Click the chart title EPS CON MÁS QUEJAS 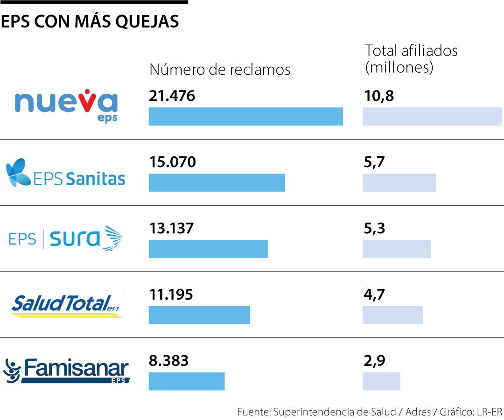tap(90, 21)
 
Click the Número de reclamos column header tap(220, 70)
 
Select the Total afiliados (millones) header tap(411, 59)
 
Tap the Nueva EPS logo tap(66, 105)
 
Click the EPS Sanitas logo tap(66, 173)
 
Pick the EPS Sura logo tap(66, 238)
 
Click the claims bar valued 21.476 tap(245, 117)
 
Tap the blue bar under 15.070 tap(217, 182)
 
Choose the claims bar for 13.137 tap(208, 249)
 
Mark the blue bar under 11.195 tap(199, 315)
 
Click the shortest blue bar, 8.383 tap(187, 381)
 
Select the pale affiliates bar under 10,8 tap(432, 117)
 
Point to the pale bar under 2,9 tap(381, 381)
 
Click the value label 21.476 tap(172, 96)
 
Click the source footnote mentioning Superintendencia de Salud tap(369, 412)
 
